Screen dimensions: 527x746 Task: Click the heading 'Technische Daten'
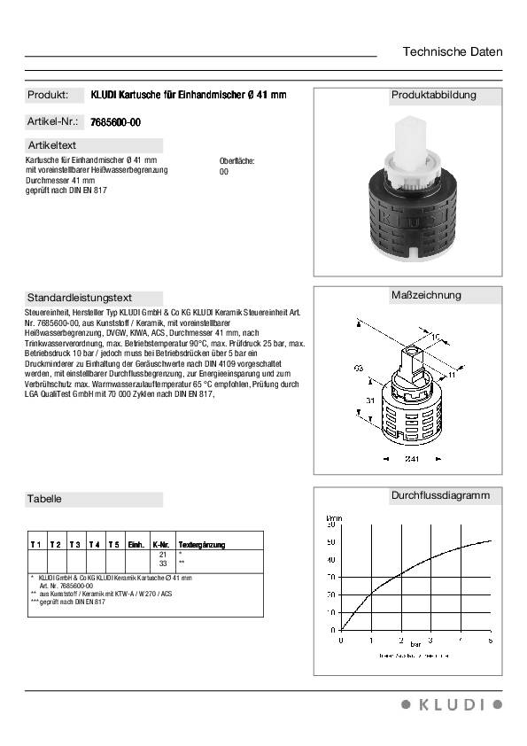point(452,51)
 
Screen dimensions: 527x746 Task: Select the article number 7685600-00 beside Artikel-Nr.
point(116,122)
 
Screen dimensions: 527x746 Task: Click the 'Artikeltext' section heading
point(53,145)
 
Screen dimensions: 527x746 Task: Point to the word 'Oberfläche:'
point(236,161)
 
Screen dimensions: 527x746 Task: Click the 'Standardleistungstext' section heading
point(80,298)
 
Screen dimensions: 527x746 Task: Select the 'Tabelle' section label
point(45,499)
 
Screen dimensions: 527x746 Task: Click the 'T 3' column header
point(74,543)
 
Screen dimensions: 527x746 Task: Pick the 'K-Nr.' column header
point(161,543)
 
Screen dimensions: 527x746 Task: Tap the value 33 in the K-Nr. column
point(162,563)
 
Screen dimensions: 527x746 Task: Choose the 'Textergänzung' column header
point(202,543)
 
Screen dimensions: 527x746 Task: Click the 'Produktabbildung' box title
point(434,95)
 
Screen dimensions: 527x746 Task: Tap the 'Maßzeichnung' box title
point(426,295)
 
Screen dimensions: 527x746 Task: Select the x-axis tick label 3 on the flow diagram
point(430,639)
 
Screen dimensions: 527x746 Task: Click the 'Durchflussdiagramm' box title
point(440,495)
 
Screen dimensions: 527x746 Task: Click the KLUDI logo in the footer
point(452,704)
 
